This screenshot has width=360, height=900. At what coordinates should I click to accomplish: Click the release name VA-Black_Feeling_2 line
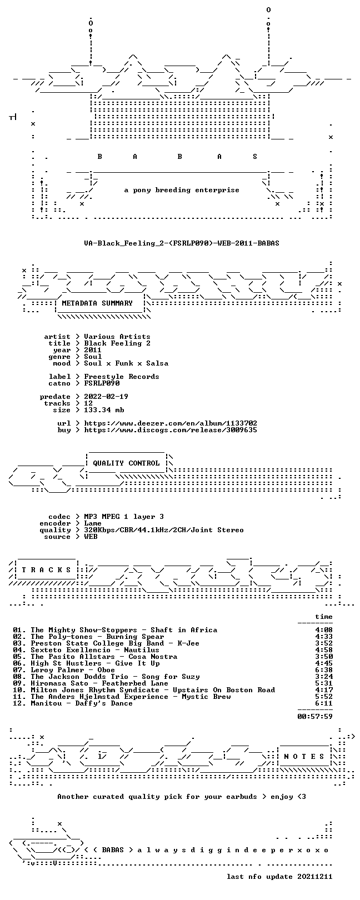point(182,243)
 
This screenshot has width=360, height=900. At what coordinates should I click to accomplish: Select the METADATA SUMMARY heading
point(97,303)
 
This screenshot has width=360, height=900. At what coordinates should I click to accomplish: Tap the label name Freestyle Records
point(121,377)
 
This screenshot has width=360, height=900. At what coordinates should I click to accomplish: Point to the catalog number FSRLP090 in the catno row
point(102,383)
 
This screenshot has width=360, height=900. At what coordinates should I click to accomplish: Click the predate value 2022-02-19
point(106,397)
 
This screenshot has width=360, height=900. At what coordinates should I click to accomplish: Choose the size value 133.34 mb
point(104,410)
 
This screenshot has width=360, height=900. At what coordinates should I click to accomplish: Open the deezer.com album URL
point(171,423)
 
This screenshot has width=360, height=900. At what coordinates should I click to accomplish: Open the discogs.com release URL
point(171,430)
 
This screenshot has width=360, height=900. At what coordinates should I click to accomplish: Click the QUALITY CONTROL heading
point(126,463)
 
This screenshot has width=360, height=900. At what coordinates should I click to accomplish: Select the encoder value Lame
point(93,523)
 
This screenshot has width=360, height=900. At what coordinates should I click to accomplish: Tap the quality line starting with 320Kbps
point(163,530)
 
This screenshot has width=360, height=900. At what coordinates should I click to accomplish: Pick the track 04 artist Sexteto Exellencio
point(71,649)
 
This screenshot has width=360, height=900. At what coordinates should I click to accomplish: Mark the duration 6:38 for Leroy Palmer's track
point(324,670)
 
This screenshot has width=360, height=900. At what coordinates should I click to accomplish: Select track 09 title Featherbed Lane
point(135,683)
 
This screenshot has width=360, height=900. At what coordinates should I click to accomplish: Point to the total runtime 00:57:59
point(315,716)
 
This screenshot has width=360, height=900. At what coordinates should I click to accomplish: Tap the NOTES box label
point(304,757)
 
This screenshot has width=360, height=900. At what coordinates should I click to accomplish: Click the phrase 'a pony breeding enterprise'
point(182,190)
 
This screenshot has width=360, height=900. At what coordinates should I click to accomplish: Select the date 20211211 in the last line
point(315,876)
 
